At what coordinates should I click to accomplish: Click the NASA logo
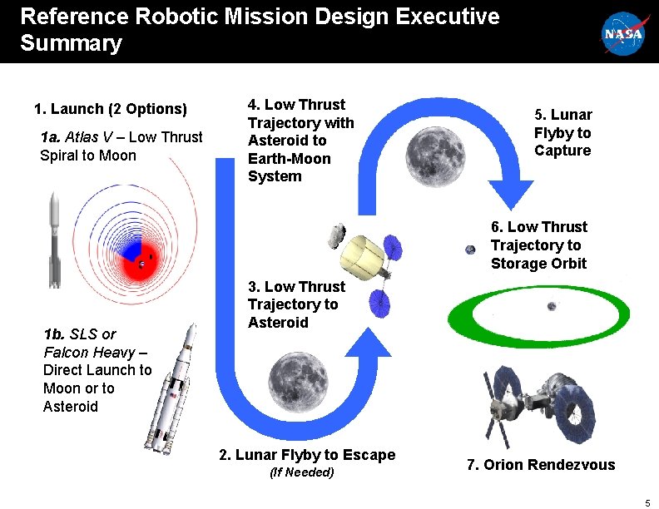624,33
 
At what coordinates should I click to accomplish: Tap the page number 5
647,502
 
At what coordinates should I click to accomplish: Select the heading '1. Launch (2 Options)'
111,109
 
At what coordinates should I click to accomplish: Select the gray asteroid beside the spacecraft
337,235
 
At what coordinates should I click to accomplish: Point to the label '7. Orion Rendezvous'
541,465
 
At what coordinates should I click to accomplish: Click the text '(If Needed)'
302,472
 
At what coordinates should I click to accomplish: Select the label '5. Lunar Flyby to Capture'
562,133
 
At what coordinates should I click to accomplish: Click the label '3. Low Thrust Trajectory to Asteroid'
293,304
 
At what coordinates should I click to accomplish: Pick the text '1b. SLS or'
80,334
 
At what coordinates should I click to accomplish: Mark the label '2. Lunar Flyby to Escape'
307,455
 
